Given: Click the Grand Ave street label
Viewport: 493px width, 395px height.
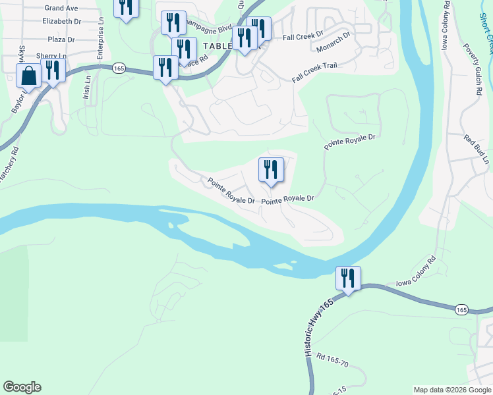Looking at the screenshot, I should tap(62, 8).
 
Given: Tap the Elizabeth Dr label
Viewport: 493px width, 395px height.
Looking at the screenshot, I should tap(61, 21).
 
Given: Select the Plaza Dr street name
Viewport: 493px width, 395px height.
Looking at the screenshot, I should tap(61, 39).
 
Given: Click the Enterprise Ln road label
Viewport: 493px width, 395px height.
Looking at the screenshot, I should tap(101, 43).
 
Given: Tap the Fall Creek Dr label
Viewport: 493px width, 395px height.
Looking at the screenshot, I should tap(303, 34).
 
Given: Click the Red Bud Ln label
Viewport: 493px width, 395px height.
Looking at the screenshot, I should tap(477, 150).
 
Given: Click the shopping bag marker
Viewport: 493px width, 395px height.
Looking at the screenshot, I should tap(29, 76).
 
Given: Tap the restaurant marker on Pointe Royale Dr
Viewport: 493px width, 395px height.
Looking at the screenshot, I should tap(271, 171).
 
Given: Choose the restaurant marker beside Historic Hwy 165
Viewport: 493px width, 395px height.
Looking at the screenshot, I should tap(348, 279).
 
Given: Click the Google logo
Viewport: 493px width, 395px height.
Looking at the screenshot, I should tap(22, 387).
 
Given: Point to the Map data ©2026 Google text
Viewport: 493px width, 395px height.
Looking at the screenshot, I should tap(451, 390).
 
